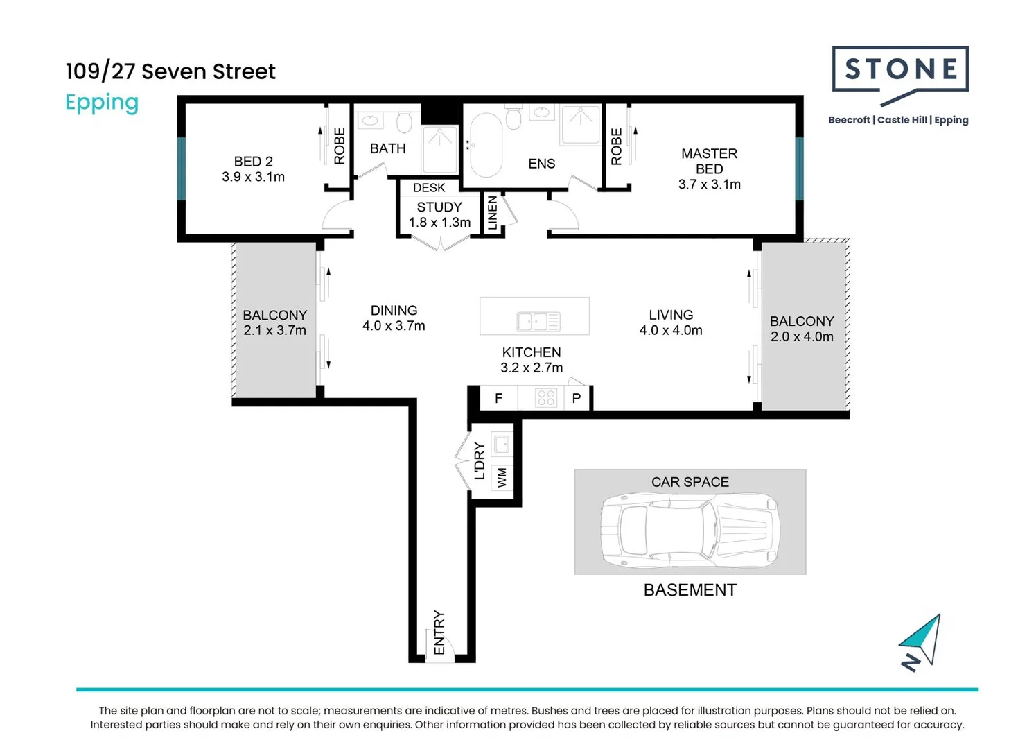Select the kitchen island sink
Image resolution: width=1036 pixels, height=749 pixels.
click(538, 321)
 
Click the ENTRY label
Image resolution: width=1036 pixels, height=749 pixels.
click(439, 632)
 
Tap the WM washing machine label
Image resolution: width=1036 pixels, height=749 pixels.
click(502, 477)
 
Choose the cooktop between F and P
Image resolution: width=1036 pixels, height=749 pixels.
click(546, 397)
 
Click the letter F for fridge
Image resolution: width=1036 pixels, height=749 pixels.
click(498, 398)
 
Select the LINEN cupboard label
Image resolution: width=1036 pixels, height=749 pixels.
click(492, 212)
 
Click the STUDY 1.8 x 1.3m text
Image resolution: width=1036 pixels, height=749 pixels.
click(439, 214)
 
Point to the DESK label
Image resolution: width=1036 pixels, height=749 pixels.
click(429, 187)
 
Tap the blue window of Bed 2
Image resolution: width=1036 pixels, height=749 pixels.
click(182, 169)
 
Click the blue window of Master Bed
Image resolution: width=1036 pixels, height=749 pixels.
click(799, 169)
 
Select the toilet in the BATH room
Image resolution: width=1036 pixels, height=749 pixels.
click(404, 122)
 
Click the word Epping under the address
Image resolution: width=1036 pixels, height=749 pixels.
click(102, 103)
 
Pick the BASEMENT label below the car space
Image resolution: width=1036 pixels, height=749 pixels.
click(690, 590)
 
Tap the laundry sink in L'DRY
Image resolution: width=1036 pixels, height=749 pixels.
click(501, 444)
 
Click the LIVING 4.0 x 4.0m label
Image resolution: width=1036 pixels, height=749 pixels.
click(671, 322)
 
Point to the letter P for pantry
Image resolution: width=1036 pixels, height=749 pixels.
click(577, 398)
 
